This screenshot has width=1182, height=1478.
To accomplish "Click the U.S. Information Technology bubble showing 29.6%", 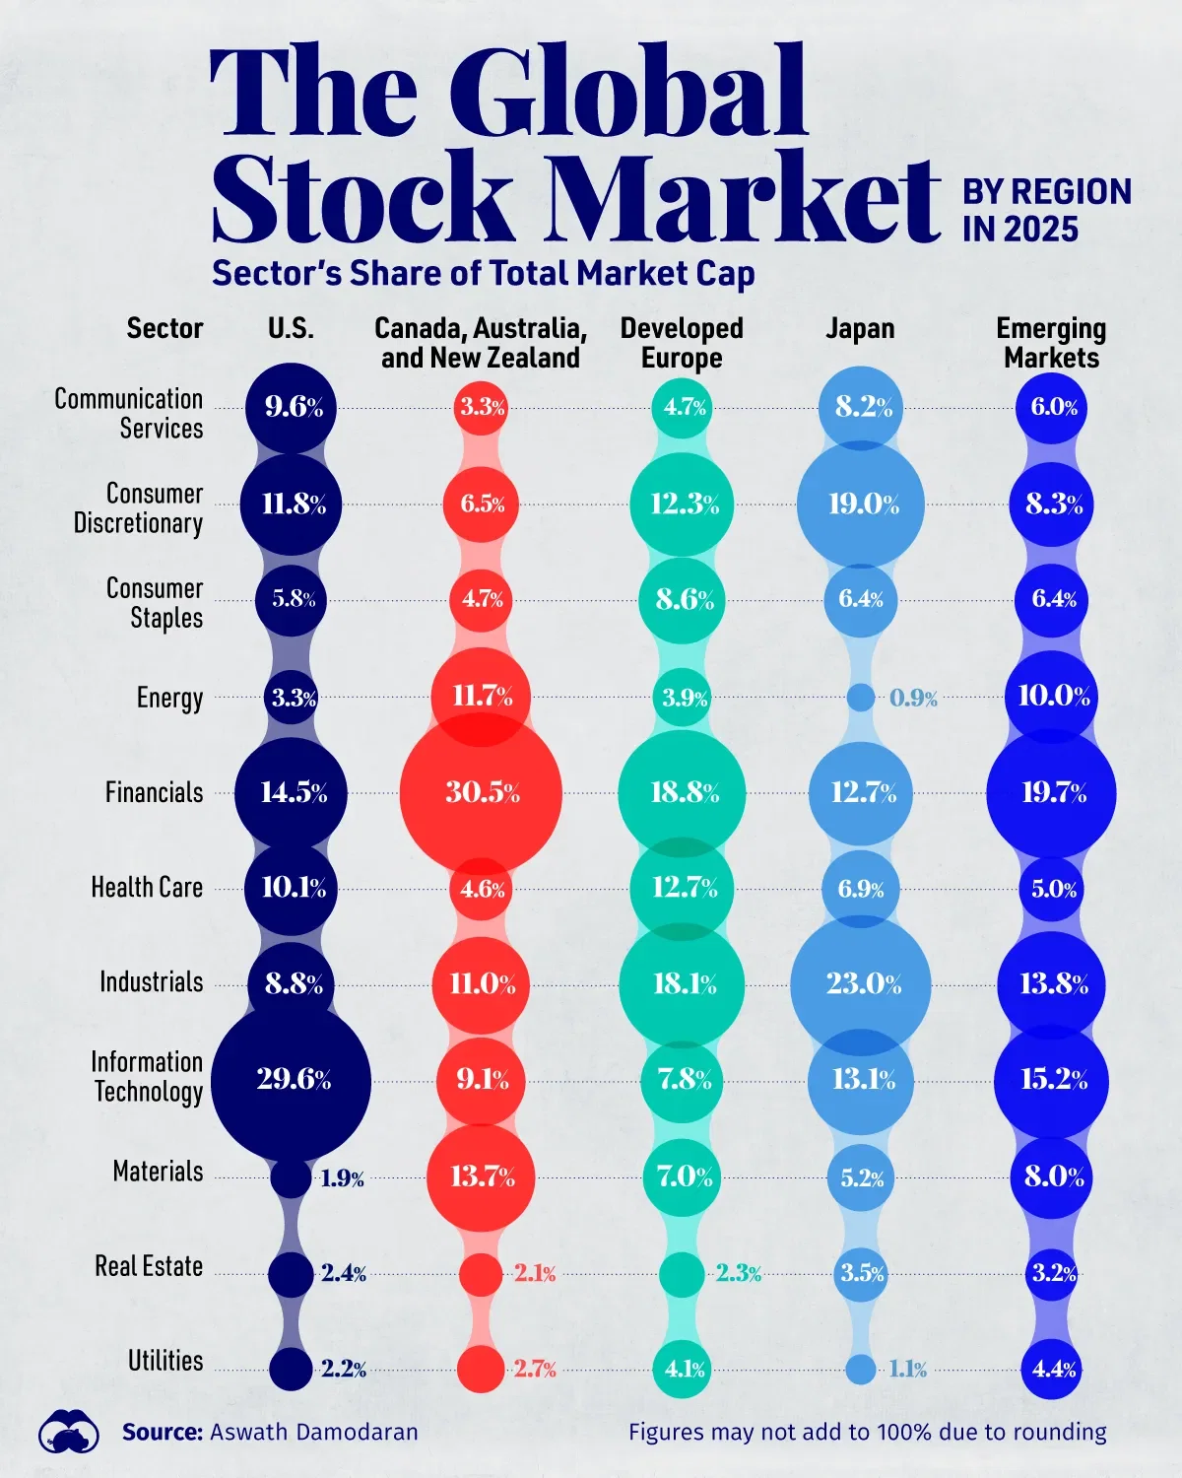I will (x=292, y=1080).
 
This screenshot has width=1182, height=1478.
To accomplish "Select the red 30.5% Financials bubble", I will (x=482, y=792).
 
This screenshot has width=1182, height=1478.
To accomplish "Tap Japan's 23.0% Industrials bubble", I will (x=861, y=983).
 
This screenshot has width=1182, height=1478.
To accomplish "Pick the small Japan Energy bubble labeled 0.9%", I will (x=861, y=698).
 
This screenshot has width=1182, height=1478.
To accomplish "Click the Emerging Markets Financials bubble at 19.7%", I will (x=1052, y=792).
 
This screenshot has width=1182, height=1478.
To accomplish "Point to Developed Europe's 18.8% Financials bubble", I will (x=683, y=792).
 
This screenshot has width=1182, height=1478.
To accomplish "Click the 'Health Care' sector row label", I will (x=147, y=887).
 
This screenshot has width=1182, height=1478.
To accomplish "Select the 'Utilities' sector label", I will (x=165, y=1361).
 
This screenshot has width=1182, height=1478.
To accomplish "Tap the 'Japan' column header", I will (x=860, y=328).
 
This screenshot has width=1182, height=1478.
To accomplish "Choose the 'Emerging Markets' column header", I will (x=1051, y=343).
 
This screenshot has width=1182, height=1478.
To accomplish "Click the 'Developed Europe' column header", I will (x=682, y=343).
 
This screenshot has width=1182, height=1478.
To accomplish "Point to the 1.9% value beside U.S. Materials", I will (x=343, y=1178).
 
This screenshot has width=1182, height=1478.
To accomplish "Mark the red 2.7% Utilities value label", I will (x=535, y=1369).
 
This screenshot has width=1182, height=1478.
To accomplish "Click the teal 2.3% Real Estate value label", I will (x=739, y=1273).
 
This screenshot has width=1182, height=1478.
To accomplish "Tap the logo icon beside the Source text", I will (x=69, y=1432).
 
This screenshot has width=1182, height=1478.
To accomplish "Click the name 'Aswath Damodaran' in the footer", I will (x=314, y=1432).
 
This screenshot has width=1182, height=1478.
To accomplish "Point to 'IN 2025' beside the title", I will (x=1020, y=230).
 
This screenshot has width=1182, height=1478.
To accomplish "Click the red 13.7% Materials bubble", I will (x=482, y=1176).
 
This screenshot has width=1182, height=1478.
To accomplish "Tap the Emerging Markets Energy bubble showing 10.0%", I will (x=1052, y=696).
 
